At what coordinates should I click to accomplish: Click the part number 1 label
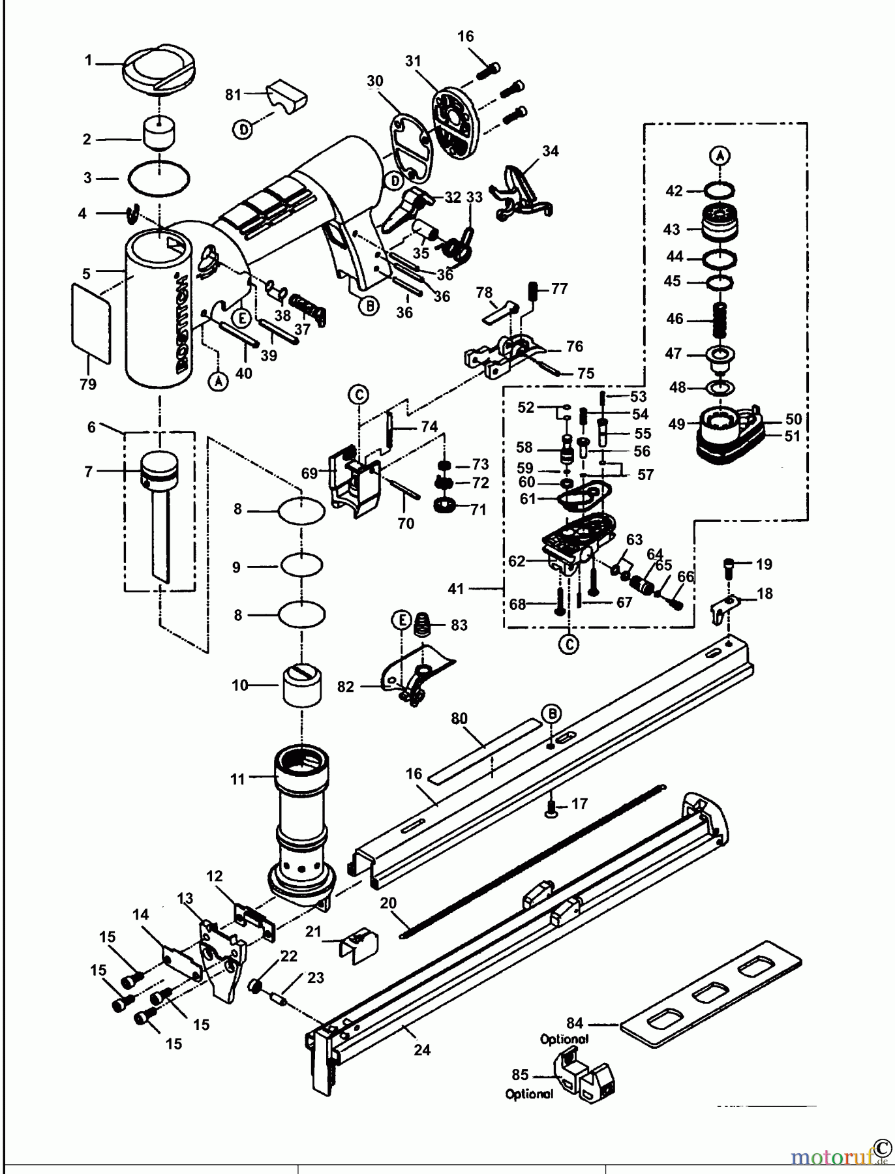pyautogui.click(x=88, y=61)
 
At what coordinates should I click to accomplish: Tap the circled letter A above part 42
pyautogui.click(x=720, y=156)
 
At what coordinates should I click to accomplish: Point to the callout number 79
pyautogui.click(x=87, y=385)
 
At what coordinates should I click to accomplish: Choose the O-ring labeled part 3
pyautogui.click(x=160, y=177)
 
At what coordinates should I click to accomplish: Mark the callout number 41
pyautogui.click(x=456, y=589)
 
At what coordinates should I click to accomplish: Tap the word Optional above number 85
pyautogui.click(x=564, y=1039)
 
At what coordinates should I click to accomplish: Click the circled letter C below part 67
pyautogui.click(x=569, y=644)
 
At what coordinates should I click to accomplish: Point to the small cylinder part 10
pyautogui.click(x=302, y=685)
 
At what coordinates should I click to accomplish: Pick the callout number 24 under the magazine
pyautogui.click(x=422, y=1050)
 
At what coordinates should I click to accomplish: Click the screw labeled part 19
pyautogui.click(x=731, y=564)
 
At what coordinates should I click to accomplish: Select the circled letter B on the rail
pyautogui.click(x=552, y=713)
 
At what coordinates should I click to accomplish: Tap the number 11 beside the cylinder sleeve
pyautogui.click(x=237, y=779)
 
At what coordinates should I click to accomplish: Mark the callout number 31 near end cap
pyautogui.click(x=412, y=61)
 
